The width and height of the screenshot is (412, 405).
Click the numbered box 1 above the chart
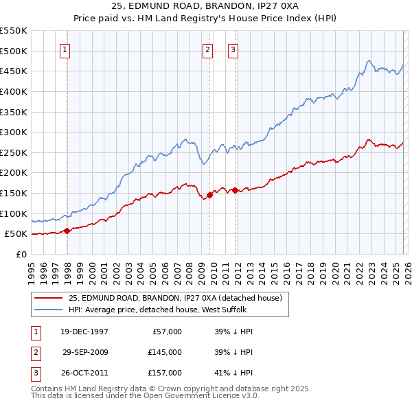[65, 49]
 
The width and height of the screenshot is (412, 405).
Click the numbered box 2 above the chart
[207, 49]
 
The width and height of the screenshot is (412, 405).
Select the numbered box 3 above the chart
[233, 49]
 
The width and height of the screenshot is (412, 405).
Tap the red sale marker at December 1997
[67, 231]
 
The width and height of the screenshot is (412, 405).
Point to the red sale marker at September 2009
[209, 195]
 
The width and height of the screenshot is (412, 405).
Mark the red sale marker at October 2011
[235, 190]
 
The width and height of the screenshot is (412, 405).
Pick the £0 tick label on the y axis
[21, 254]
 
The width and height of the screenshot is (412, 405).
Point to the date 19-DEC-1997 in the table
[84, 332]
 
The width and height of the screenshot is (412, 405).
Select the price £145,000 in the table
[164, 352]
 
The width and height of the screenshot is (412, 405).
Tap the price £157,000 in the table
[164, 373]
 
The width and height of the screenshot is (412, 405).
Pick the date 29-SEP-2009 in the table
[84, 352]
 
